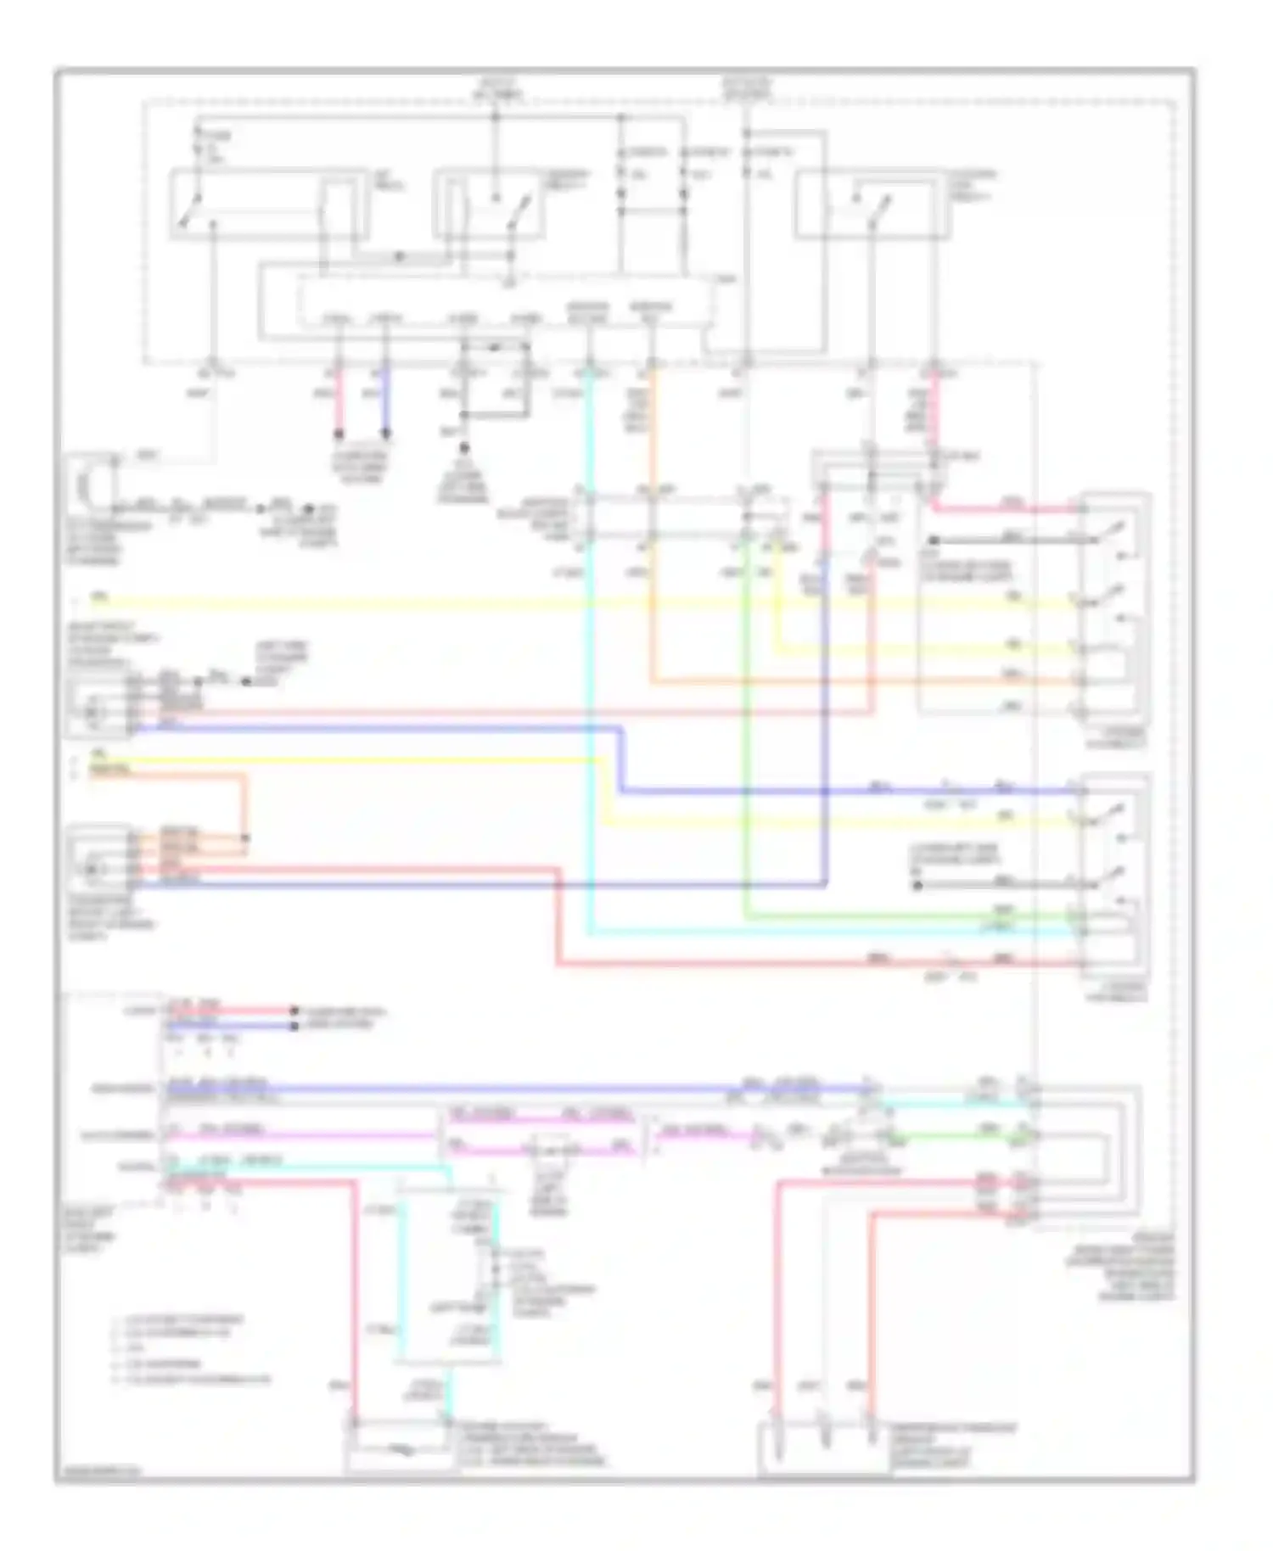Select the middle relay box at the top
[x=487, y=204]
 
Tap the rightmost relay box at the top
[x=872, y=204]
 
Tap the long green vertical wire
[x=745, y=747]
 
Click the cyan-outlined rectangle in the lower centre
[x=447, y=1277]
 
